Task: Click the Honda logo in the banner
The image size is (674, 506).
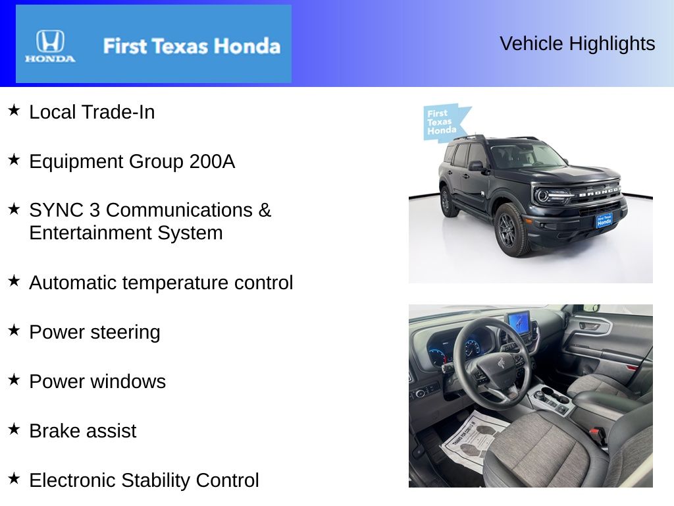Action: pyautogui.click(x=50, y=45)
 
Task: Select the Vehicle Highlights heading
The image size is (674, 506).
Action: pyautogui.click(x=577, y=43)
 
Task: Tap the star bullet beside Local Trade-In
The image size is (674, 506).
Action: pyautogui.click(x=14, y=110)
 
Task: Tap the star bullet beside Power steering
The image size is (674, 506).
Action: pyautogui.click(x=14, y=330)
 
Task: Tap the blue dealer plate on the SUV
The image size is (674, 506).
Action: pyautogui.click(x=604, y=221)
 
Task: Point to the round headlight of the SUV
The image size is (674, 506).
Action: pyautogui.click(x=543, y=196)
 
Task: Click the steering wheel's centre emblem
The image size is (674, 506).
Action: pyautogui.click(x=500, y=363)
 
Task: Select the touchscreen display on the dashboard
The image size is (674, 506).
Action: pyautogui.click(x=518, y=322)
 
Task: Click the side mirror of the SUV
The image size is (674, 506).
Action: pyautogui.click(x=475, y=166)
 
